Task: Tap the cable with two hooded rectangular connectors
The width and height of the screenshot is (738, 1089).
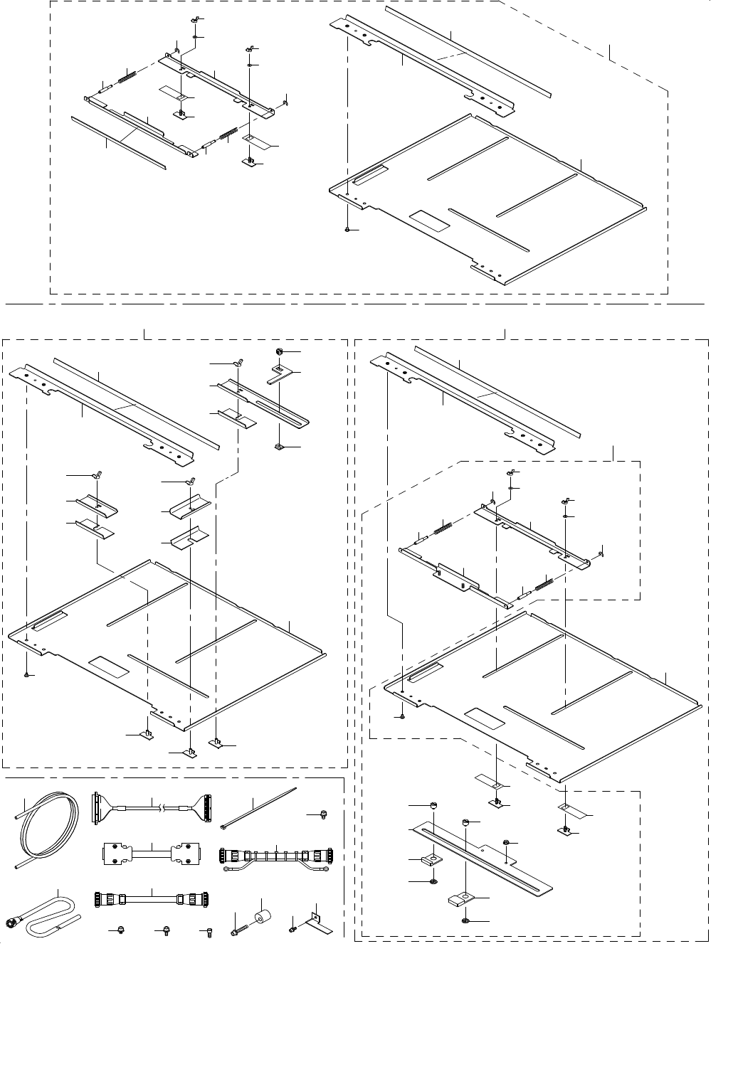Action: tap(152, 853)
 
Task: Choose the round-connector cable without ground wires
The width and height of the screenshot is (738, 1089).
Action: tap(151, 899)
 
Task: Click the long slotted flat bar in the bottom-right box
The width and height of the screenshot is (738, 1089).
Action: tap(484, 856)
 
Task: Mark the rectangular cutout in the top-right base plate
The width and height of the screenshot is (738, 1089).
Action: tap(431, 221)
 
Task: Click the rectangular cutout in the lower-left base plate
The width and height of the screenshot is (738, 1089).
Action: tap(108, 667)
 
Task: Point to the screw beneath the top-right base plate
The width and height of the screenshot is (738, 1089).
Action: tap(347, 230)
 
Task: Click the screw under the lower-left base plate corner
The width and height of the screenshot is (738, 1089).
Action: tap(26, 674)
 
